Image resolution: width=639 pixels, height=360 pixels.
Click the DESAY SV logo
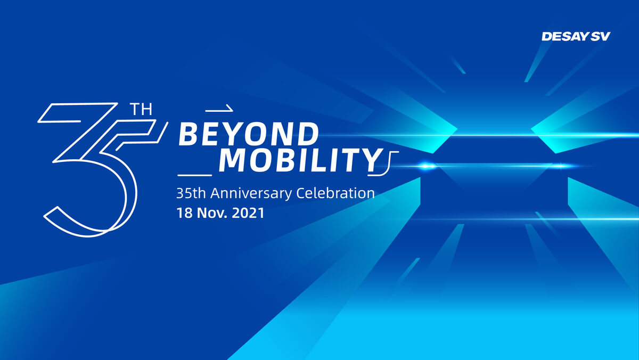[x=576, y=36]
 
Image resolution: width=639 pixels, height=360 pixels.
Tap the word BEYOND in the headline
[x=249, y=134]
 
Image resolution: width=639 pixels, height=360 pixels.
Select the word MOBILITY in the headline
[x=301, y=161]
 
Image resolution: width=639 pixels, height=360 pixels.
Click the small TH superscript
[x=141, y=109]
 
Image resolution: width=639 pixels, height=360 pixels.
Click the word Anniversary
[x=251, y=193]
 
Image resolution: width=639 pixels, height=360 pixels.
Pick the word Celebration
[x=335, y=193]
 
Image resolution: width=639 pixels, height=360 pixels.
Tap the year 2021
[x=248, y=213]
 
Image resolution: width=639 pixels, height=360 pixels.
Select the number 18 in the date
[x=185, y=213]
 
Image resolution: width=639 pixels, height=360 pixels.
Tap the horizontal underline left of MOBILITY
[x=195, y=175]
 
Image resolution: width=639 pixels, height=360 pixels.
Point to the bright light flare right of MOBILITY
[x=426, y=166]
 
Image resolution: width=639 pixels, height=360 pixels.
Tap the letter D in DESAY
[x=547, y=36]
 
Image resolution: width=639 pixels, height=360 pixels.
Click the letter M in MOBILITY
[x=232, y=161]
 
